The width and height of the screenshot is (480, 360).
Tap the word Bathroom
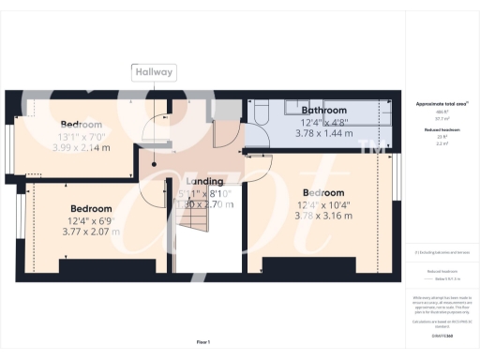[x=323, y=111]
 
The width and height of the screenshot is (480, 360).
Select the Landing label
[x=204, y=181]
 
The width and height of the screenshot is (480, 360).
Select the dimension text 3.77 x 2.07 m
[x=91, y=231]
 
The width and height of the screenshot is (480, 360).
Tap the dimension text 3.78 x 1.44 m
[x=324, y=133]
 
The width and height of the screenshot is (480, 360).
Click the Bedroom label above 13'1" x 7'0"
[x=82, y=125]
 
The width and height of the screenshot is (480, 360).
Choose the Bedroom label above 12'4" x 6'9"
[x=91, y=208]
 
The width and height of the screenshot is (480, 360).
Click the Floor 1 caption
[x=203, y=341]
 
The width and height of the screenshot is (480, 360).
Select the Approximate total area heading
[x=441, y=102]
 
